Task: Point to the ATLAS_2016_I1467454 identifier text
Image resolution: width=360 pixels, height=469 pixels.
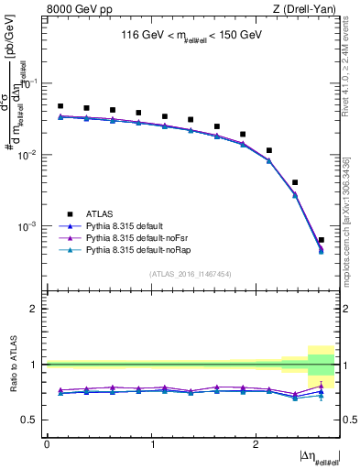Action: pos(191,274)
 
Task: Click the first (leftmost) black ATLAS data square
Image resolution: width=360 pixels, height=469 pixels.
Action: pos(60,106)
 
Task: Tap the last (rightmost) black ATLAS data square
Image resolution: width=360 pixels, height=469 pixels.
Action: pos(321,240)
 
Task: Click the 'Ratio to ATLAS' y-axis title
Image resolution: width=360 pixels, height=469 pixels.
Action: pos(12,365)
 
